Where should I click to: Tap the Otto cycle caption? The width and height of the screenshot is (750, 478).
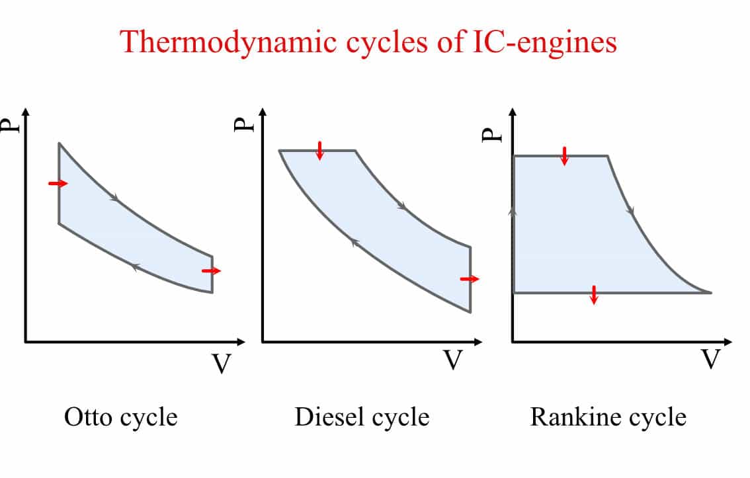pos(120,417)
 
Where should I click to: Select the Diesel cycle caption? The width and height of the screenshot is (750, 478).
pos(362,417)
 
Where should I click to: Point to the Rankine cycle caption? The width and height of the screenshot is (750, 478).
pos(608,417)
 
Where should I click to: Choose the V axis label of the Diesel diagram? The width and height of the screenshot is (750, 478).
pos(452,360)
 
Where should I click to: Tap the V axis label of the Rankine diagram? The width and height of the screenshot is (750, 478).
pos(710,360)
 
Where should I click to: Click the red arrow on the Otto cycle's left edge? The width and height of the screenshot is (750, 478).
pos(58,183)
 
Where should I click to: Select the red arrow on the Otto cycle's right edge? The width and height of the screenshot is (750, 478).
pos(212,270)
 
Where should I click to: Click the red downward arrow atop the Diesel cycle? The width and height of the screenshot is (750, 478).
pos(320,151)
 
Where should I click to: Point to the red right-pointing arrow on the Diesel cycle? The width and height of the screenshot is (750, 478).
pos(470,279)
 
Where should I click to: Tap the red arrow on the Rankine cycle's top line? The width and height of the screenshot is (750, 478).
pos(564,156)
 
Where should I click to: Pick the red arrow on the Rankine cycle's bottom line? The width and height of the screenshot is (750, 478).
pos(594,295)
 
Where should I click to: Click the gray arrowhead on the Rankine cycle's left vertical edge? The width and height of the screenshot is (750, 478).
pos(513,210)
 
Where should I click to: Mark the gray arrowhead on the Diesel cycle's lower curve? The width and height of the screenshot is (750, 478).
pos(354,243)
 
